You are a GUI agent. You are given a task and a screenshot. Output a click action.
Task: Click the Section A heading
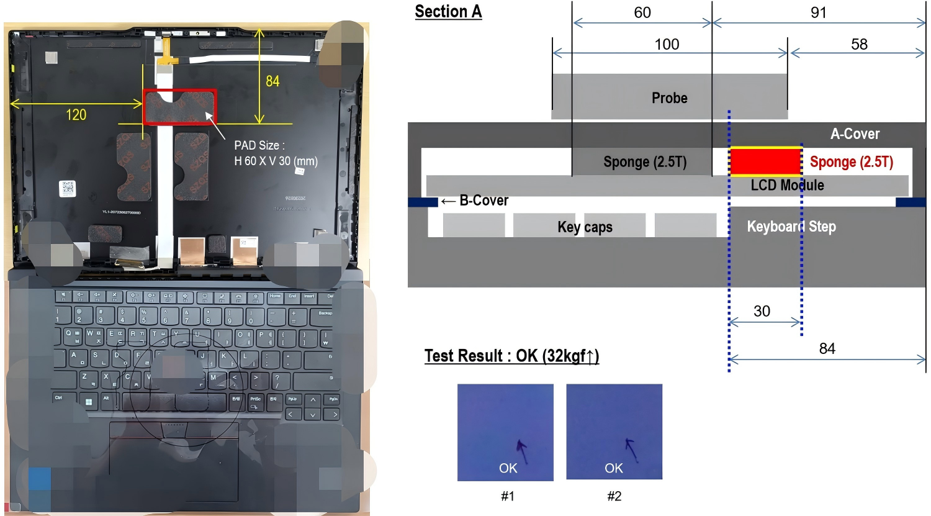(448, 12)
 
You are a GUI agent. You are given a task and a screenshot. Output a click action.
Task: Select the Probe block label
(669, 98)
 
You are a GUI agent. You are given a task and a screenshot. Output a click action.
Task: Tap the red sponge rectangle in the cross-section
(765, 162)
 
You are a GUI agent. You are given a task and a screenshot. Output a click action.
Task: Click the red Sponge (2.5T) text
(851, 162)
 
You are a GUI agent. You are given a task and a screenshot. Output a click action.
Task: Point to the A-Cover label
(855, 134)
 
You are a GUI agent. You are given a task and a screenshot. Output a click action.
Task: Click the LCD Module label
(787, 185)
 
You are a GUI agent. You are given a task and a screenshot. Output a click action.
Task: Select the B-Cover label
(483, 201)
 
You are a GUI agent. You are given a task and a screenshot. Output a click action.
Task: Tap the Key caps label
(585, 227)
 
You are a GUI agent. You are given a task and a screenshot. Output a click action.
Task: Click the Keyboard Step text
(791, 227)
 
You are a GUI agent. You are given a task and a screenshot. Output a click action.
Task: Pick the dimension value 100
(667, 45)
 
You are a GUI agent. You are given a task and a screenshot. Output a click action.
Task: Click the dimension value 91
(819, 13)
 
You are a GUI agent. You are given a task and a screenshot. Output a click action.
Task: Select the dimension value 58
(859, 45)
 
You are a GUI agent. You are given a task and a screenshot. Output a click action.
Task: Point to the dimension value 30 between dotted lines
(762, 311)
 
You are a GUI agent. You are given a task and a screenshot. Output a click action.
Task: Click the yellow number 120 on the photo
(76, 115)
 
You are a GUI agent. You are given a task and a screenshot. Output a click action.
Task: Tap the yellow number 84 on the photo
(272, 81)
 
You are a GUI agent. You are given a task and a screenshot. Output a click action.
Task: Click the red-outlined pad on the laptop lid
(179, 107)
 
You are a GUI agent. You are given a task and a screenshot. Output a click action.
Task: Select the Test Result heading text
(511, 356)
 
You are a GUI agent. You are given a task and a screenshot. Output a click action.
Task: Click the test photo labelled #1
(505, 432)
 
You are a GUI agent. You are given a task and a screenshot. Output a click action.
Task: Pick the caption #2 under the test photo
(614, 496)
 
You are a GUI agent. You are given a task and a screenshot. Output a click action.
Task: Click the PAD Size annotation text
(275, 153)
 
